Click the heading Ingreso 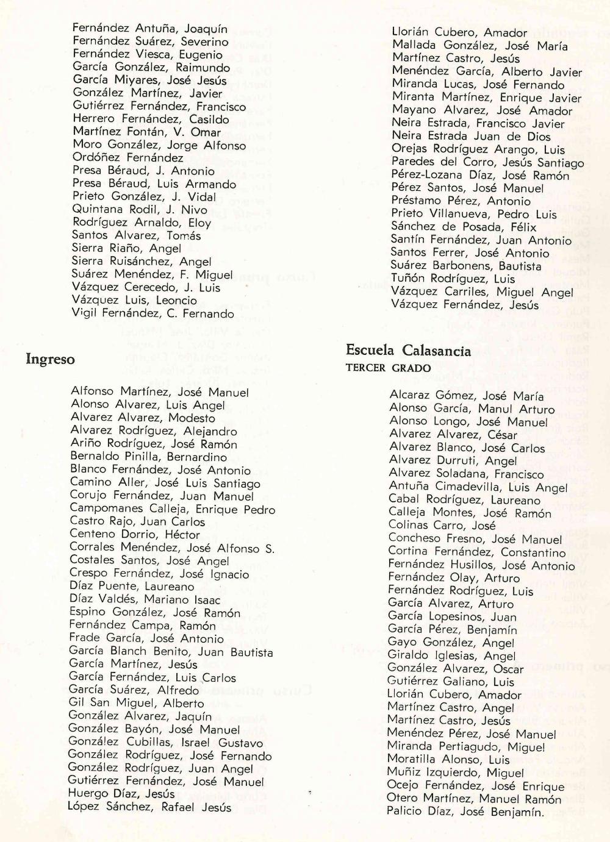tap(50, 360)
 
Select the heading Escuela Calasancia tap(408, 351)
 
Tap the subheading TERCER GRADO tap(388, 368)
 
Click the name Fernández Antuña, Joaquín tap(149, 29)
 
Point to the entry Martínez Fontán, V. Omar tap(146, 132)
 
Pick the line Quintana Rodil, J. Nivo tap(140, 210)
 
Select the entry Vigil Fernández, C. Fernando tap(152, 314)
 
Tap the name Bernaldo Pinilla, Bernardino tap(148, 457)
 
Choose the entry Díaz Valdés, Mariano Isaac tap(146, 599)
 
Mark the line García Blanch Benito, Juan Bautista tap(171, 652)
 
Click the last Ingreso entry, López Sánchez tap(149, 807)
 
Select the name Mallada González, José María tap(479, 46)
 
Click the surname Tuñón tap(408, 279)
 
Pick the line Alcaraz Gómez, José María tap(467, 396)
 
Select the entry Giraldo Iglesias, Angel tap(451, 656)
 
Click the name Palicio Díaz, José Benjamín tap(465, 812)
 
